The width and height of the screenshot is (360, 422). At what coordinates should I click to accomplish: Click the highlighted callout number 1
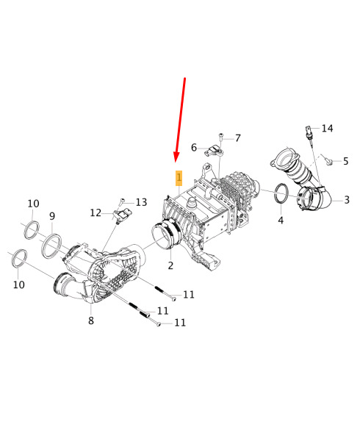click(x=179, y=178)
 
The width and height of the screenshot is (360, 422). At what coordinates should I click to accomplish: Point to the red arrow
click(x=180, y=120)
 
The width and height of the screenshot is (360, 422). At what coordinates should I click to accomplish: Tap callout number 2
click(x=170, y=265)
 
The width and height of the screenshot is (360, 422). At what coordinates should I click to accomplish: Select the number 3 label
click(x=347, y=200)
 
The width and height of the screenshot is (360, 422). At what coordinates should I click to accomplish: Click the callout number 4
click(x=281, y=220)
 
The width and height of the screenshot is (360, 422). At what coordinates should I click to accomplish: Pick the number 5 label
click(x=346, y=161)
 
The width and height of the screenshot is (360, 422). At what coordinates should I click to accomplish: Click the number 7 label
click(x=237, y=138)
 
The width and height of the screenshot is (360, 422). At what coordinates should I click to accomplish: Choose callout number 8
click(x=91, y=321)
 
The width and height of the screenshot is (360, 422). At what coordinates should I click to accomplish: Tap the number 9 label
click(x=52, y=216)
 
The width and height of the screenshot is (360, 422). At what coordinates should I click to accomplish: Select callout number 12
click(x=96, y=213)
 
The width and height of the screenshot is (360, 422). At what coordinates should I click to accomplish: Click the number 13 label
click(x=141, y=202)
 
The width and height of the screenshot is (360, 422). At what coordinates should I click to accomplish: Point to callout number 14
click(x=327, y=129)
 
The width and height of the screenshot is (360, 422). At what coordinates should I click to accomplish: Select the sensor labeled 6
click(x=214, y=151)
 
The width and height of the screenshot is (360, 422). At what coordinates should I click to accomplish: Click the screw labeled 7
click(x=221, y=137)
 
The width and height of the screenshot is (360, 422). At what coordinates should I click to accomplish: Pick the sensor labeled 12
click(x=123, y=215)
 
